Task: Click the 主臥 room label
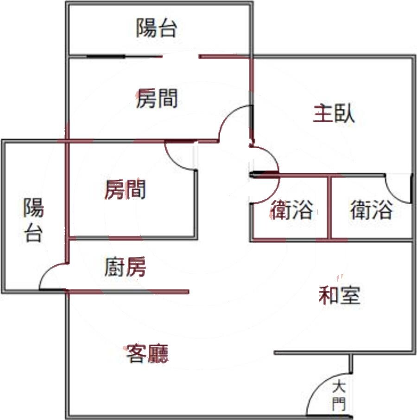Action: [x=334, y=113]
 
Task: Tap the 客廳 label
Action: [x=147, y=354]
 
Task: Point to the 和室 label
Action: [x=340, y=295]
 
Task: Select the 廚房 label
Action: [x=125, y=267]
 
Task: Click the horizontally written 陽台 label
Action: [x=157, y=28]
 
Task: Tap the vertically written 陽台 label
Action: [x=33, y=220]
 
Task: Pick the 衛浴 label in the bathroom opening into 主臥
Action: [x=371, y=210]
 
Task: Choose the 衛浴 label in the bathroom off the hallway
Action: [x=291, y=210]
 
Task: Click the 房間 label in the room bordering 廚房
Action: [x=125, y=190]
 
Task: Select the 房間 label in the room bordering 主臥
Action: [x=157, y=99]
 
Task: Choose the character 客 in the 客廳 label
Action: [x=136, y=354]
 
